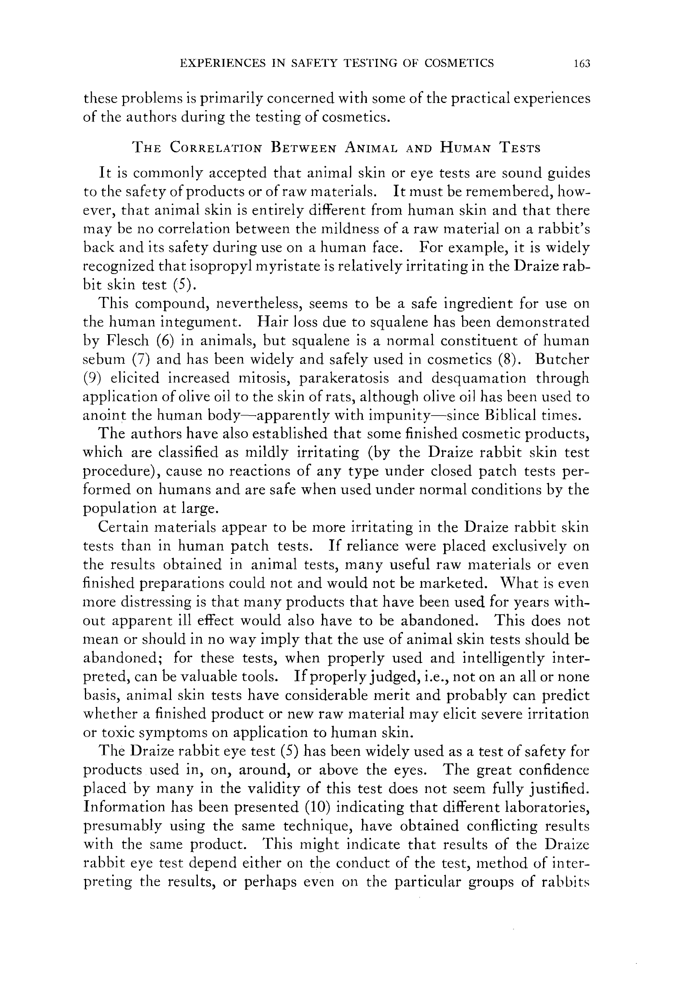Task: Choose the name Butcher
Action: click(562, 359)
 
